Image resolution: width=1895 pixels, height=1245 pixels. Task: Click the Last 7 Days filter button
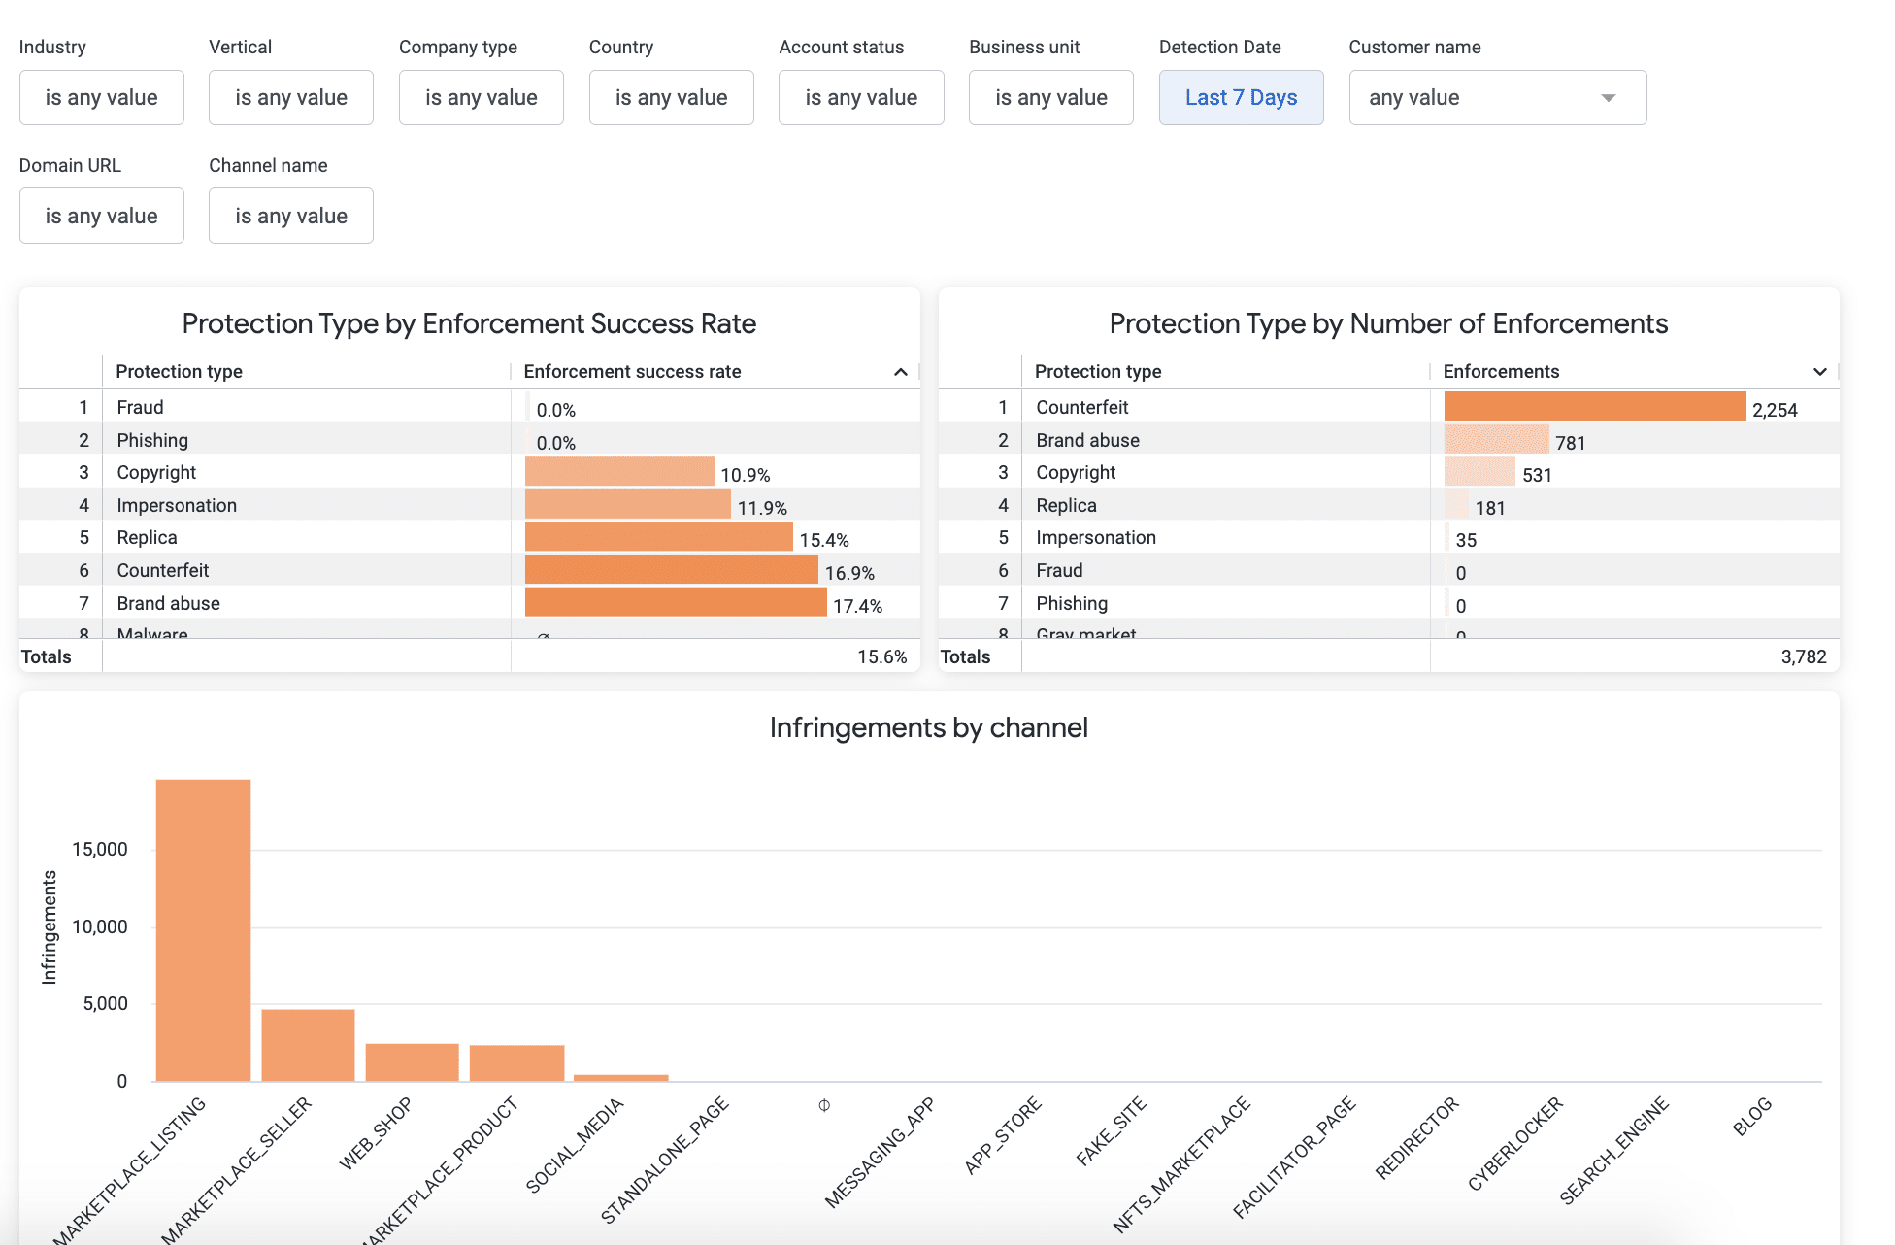pos(1241,97)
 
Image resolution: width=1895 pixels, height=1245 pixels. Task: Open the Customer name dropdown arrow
pos(1608,98)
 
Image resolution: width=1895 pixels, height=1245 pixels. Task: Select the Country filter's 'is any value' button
pos(671,97)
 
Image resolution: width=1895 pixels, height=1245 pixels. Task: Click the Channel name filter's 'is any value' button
pos(290,216)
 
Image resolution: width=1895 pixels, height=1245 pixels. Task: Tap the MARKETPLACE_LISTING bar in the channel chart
pos(203,929)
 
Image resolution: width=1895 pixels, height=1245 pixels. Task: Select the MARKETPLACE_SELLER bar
pos(308,1045)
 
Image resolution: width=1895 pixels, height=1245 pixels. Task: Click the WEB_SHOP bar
pos(412,1061)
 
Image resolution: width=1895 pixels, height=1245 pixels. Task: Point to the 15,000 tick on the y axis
pos(100,849)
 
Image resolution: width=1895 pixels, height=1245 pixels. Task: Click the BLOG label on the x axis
pos(1752,1117)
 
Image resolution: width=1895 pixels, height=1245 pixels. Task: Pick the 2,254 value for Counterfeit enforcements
pos(1775,410)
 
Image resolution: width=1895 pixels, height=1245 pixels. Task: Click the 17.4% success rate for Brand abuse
pos(857,606)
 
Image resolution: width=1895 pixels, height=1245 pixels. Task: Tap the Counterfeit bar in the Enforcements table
pos(1594,406)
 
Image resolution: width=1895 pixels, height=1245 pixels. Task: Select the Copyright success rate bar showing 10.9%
pos(619,472)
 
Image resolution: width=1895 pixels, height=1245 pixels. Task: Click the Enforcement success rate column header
pos(632,371)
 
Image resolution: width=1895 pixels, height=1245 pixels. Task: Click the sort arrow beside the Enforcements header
pos(1819,372)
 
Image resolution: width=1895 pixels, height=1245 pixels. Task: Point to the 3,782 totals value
pos(1803,656)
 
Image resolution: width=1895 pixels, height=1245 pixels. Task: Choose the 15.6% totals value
pos(881,656)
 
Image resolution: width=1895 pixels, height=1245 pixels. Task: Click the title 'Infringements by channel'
pos(928,727)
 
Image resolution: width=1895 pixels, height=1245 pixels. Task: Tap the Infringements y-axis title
pos(49,927)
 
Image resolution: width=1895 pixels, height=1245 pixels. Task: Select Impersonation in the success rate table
pos(177,505)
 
